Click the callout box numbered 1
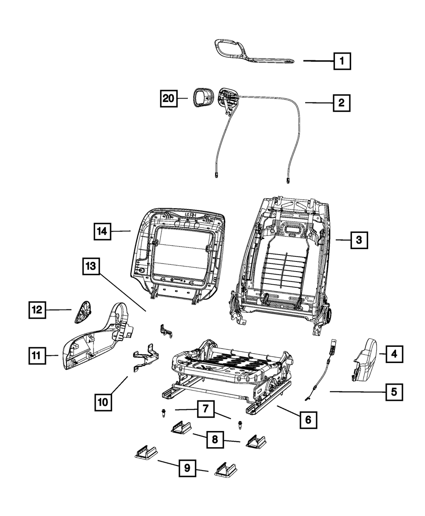tap(342, 61)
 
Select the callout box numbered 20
tap(169, 99)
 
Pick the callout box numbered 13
tap(91, 267)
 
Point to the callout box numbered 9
tap(187, 468)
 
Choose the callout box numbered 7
tap(205, 410)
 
